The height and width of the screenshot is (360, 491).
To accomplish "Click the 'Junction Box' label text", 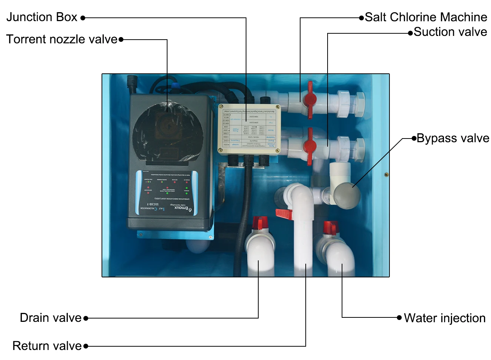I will coord(42,17).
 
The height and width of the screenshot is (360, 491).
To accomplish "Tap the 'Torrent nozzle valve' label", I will coord(62,39).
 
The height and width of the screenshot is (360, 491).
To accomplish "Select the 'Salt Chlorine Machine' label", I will coord(425,17).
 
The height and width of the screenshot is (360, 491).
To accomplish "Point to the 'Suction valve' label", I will coord(450,32).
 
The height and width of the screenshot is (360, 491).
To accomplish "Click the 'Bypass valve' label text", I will coord(452,138).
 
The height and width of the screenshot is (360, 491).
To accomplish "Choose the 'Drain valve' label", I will coord(50,318).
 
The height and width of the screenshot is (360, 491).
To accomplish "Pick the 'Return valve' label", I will coord(47,346).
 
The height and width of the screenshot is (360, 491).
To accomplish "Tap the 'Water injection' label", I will coord(444,318).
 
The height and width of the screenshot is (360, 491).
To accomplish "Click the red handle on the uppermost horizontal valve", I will coord(309,99).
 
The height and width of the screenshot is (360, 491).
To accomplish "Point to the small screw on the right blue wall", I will coord(386,174).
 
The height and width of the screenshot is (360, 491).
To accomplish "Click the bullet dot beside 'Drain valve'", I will coord(86,318).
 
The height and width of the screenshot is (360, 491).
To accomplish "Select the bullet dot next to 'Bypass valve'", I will coord(414,139).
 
